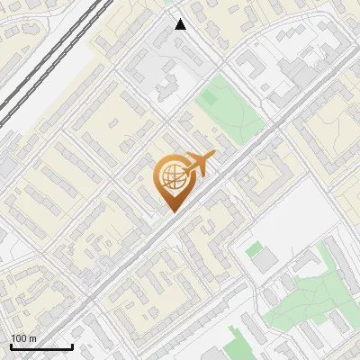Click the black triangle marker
pos(181,24)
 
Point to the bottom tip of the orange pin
pos(172,211)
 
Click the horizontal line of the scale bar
pos(40,346)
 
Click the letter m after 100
pos(32,338)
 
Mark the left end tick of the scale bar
pos(10,345)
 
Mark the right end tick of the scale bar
pos(72,345)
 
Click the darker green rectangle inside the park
pos(213,91)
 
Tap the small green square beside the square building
pos(255,247)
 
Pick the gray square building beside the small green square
pos(264,260)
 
